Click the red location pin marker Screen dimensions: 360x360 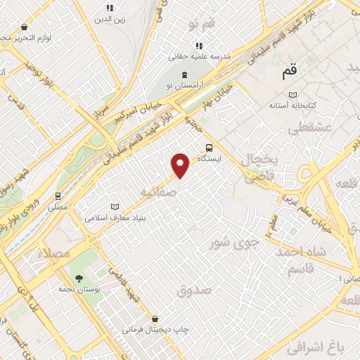(x=181, y=165)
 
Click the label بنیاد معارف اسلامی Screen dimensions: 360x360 (x=115, y=218)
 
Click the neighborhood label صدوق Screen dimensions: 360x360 (x=195, y=289)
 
